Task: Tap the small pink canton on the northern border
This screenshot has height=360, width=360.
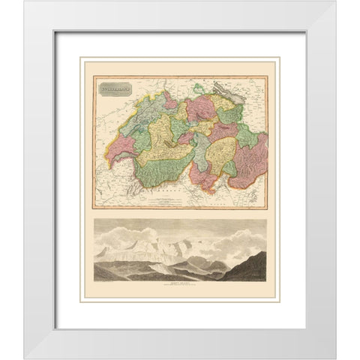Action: (x=170, y=103)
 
